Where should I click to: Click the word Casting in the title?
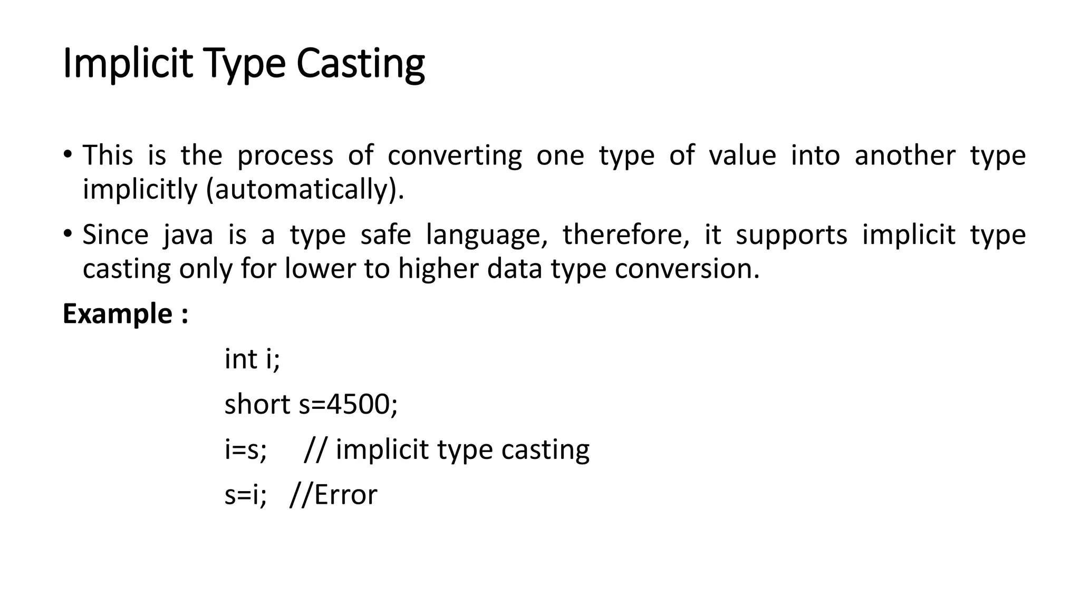pyautogui.click(x=360, y=64)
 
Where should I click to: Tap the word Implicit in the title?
pyautogui.click(x=127, y=64)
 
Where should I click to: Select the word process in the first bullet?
pyautogui.click(x=285, y=155)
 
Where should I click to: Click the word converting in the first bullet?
pyautogui.click(x=455, y=155)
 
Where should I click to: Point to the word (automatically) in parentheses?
pyautogui.click(x=305, y=189)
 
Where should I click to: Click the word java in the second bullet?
pyautogui.click(x=188, y=234)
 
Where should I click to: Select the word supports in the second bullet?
pyautogui.click(x=791, y=234)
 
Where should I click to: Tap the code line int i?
pyautogui.click(x=252, y=359)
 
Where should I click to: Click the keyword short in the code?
pyautogui.click(x=257, y=405)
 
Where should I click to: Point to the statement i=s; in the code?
pyautogui.click(x=246, y=450)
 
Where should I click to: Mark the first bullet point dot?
pyautogui.click(x=67, y=154)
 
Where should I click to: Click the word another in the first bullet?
pyautogui.click(x=904, y=155)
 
